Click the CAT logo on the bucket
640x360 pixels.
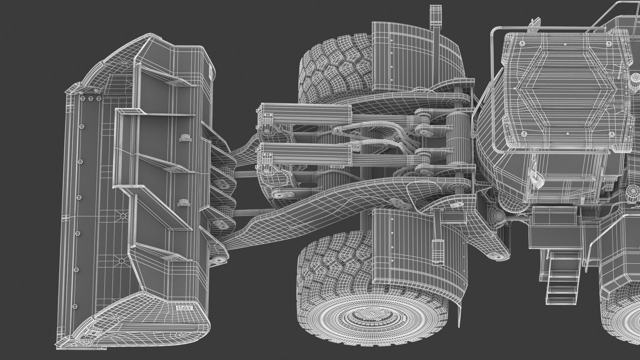click(x=185, y=308)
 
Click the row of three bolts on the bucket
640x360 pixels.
click(x=90, y=99)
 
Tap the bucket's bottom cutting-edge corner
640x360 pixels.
click(x=67, y=343)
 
